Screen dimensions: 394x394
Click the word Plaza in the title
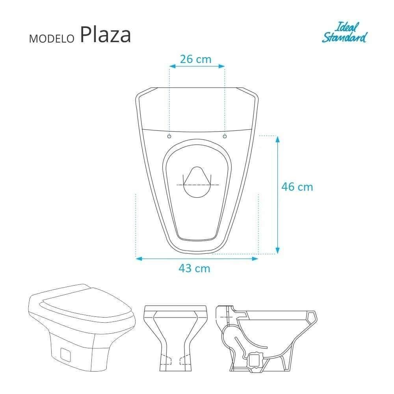click(x=105, y=35)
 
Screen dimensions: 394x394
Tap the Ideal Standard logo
click(x=344, y=33)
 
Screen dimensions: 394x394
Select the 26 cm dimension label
click(x=195, y=59)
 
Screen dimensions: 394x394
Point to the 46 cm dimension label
click(x=297, y=186)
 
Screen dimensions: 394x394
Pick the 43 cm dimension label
click(x=194, y=269)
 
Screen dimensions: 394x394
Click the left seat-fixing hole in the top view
click(x=169, y=136)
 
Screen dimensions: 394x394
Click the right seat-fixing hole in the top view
click(x=225, y=136)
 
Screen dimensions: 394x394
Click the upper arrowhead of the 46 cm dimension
click(x=277, y=139)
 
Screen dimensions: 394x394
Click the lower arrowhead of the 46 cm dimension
click(x=277, y=250)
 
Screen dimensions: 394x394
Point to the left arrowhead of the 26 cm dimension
click(x=172, y=67)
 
